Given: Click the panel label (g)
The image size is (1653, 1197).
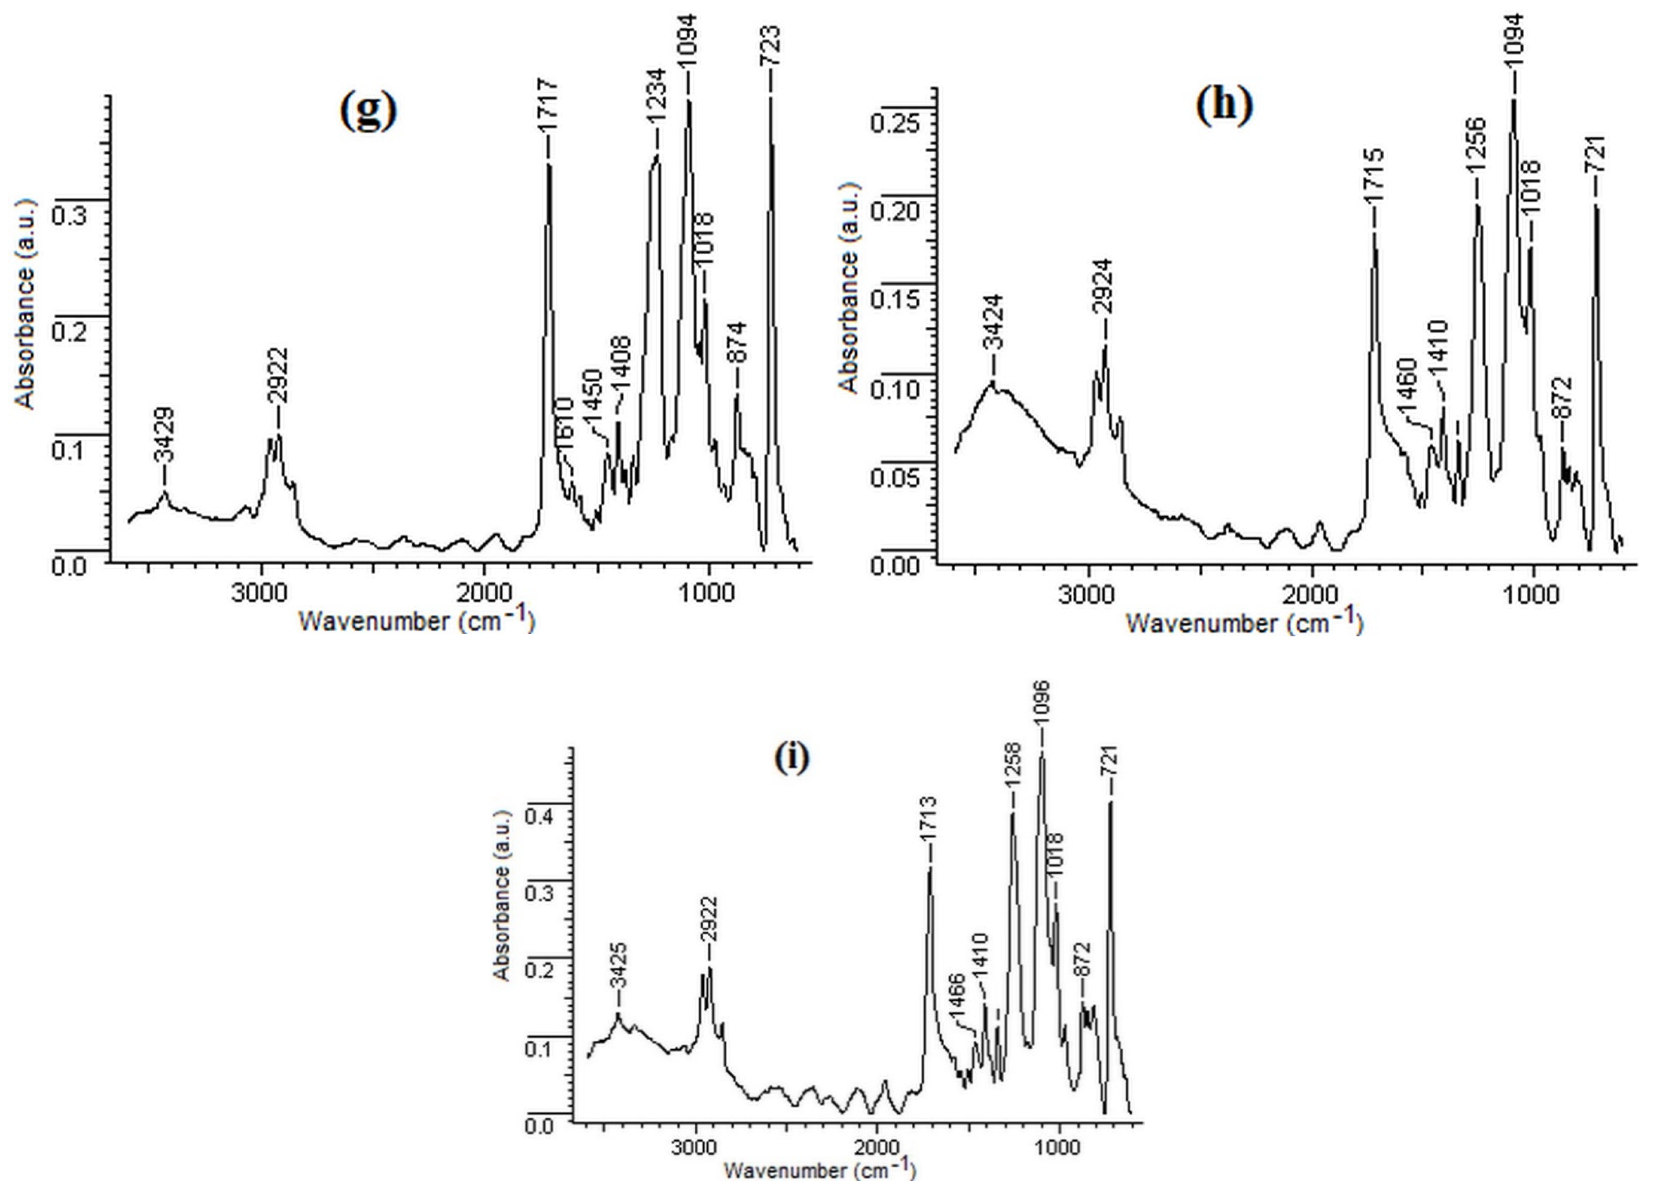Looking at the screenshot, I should point(369,111).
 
